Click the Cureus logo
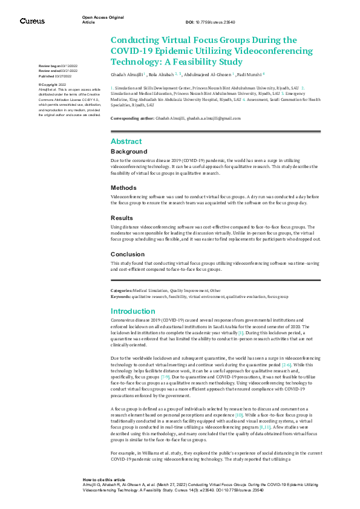click(32, 21)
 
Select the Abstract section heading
click(126, 141)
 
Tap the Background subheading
click(129, 151)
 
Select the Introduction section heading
click(133, 311)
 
